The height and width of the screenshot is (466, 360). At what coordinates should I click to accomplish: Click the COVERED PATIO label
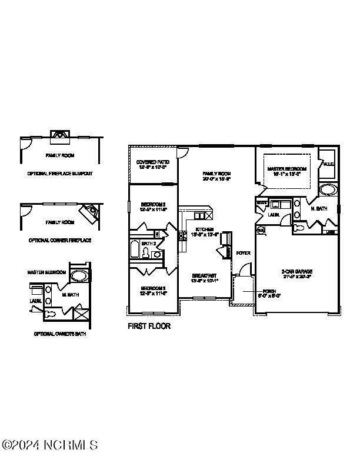[152, 162]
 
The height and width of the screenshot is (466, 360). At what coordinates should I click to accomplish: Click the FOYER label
[243, 253]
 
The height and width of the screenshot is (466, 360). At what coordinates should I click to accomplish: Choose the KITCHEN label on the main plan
[205, 229]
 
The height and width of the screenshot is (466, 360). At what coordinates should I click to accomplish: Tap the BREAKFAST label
[205, 275]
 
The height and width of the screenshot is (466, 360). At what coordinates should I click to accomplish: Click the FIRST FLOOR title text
[149, 326]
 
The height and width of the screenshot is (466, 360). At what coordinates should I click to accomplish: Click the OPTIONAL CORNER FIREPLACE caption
[60, 241]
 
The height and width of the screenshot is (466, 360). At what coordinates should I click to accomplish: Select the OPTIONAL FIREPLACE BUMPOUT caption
[60, 174]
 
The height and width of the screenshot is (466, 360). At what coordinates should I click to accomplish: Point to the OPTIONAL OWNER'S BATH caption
[60, 334]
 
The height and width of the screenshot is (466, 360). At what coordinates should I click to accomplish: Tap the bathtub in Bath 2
[135, 249]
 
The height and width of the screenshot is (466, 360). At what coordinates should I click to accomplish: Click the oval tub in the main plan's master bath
[326, 191]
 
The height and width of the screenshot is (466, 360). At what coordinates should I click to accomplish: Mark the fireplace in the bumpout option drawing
[59, 134]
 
